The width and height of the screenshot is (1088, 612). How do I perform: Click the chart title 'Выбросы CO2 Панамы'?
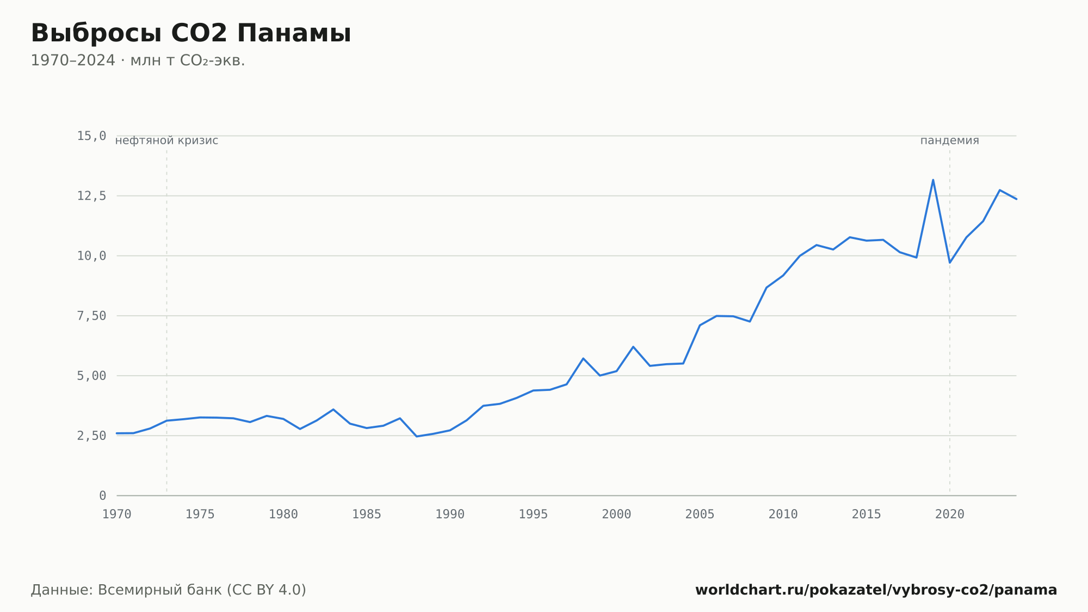click(x=191, y=33)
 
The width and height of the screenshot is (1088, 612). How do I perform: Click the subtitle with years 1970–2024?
click(x=138, y=60)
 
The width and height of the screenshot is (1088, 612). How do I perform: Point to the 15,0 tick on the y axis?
click(x=91, y=136)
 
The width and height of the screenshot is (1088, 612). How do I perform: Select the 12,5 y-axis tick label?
click(x=91, y=196)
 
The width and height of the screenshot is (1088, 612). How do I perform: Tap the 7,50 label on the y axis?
click(x=91, y=316)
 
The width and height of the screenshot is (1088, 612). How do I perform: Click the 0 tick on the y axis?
click(x=103, y=495)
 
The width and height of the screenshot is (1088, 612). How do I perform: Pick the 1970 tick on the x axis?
click(x=117, y=515)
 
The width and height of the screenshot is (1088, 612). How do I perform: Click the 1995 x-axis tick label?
click(x=533, y=515)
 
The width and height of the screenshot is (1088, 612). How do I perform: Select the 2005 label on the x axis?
click(x=700, y=515)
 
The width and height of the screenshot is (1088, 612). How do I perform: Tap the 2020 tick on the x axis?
click(x=950, y=515)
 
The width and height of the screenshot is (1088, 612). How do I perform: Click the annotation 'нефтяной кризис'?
click(x=166, y=140)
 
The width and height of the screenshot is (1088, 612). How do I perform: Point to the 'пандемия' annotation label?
click(x=950, y=140)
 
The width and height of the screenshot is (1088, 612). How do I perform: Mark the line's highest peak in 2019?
click(x=933, y=180)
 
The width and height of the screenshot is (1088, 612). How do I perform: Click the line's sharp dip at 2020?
click(x=950, y=262)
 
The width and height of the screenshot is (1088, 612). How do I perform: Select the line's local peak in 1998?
click(x=583, y=358)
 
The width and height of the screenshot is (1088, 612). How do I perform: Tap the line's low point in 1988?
click(x=417, y=436)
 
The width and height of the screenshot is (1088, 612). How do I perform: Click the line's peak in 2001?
click(x=633, y=347)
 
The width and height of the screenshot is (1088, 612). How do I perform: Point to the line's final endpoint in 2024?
click(x=1016, y=199)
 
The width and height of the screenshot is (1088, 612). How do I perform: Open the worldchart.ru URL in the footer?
click(x=876, y=590)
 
